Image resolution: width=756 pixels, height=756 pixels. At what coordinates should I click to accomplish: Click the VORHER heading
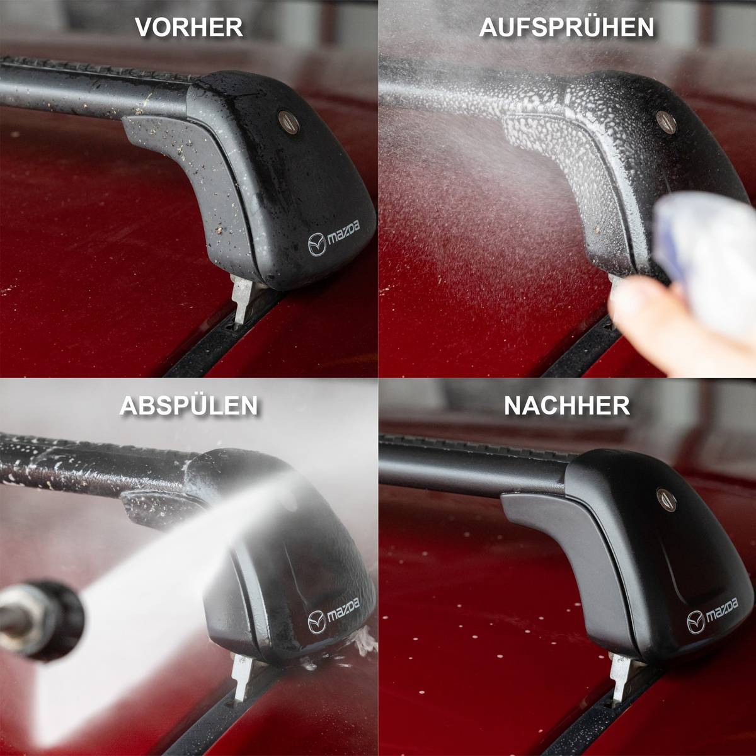click(189, 27)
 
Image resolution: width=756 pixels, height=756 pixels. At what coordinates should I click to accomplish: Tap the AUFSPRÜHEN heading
click(566, 27)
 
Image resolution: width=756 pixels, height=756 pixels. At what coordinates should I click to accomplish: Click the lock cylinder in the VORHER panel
click(289, 122)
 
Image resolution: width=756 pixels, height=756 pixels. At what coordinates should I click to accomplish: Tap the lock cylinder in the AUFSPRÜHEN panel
click(666, 122)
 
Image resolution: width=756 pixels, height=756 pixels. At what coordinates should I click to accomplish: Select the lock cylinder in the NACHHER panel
click(666, 500)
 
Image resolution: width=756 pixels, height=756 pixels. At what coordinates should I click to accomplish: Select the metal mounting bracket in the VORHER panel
click(242, 297)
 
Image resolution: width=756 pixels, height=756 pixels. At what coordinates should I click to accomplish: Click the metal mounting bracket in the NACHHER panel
click(620, 675)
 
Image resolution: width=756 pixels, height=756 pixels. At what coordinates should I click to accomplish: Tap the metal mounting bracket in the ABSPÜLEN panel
click(242, 675)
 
